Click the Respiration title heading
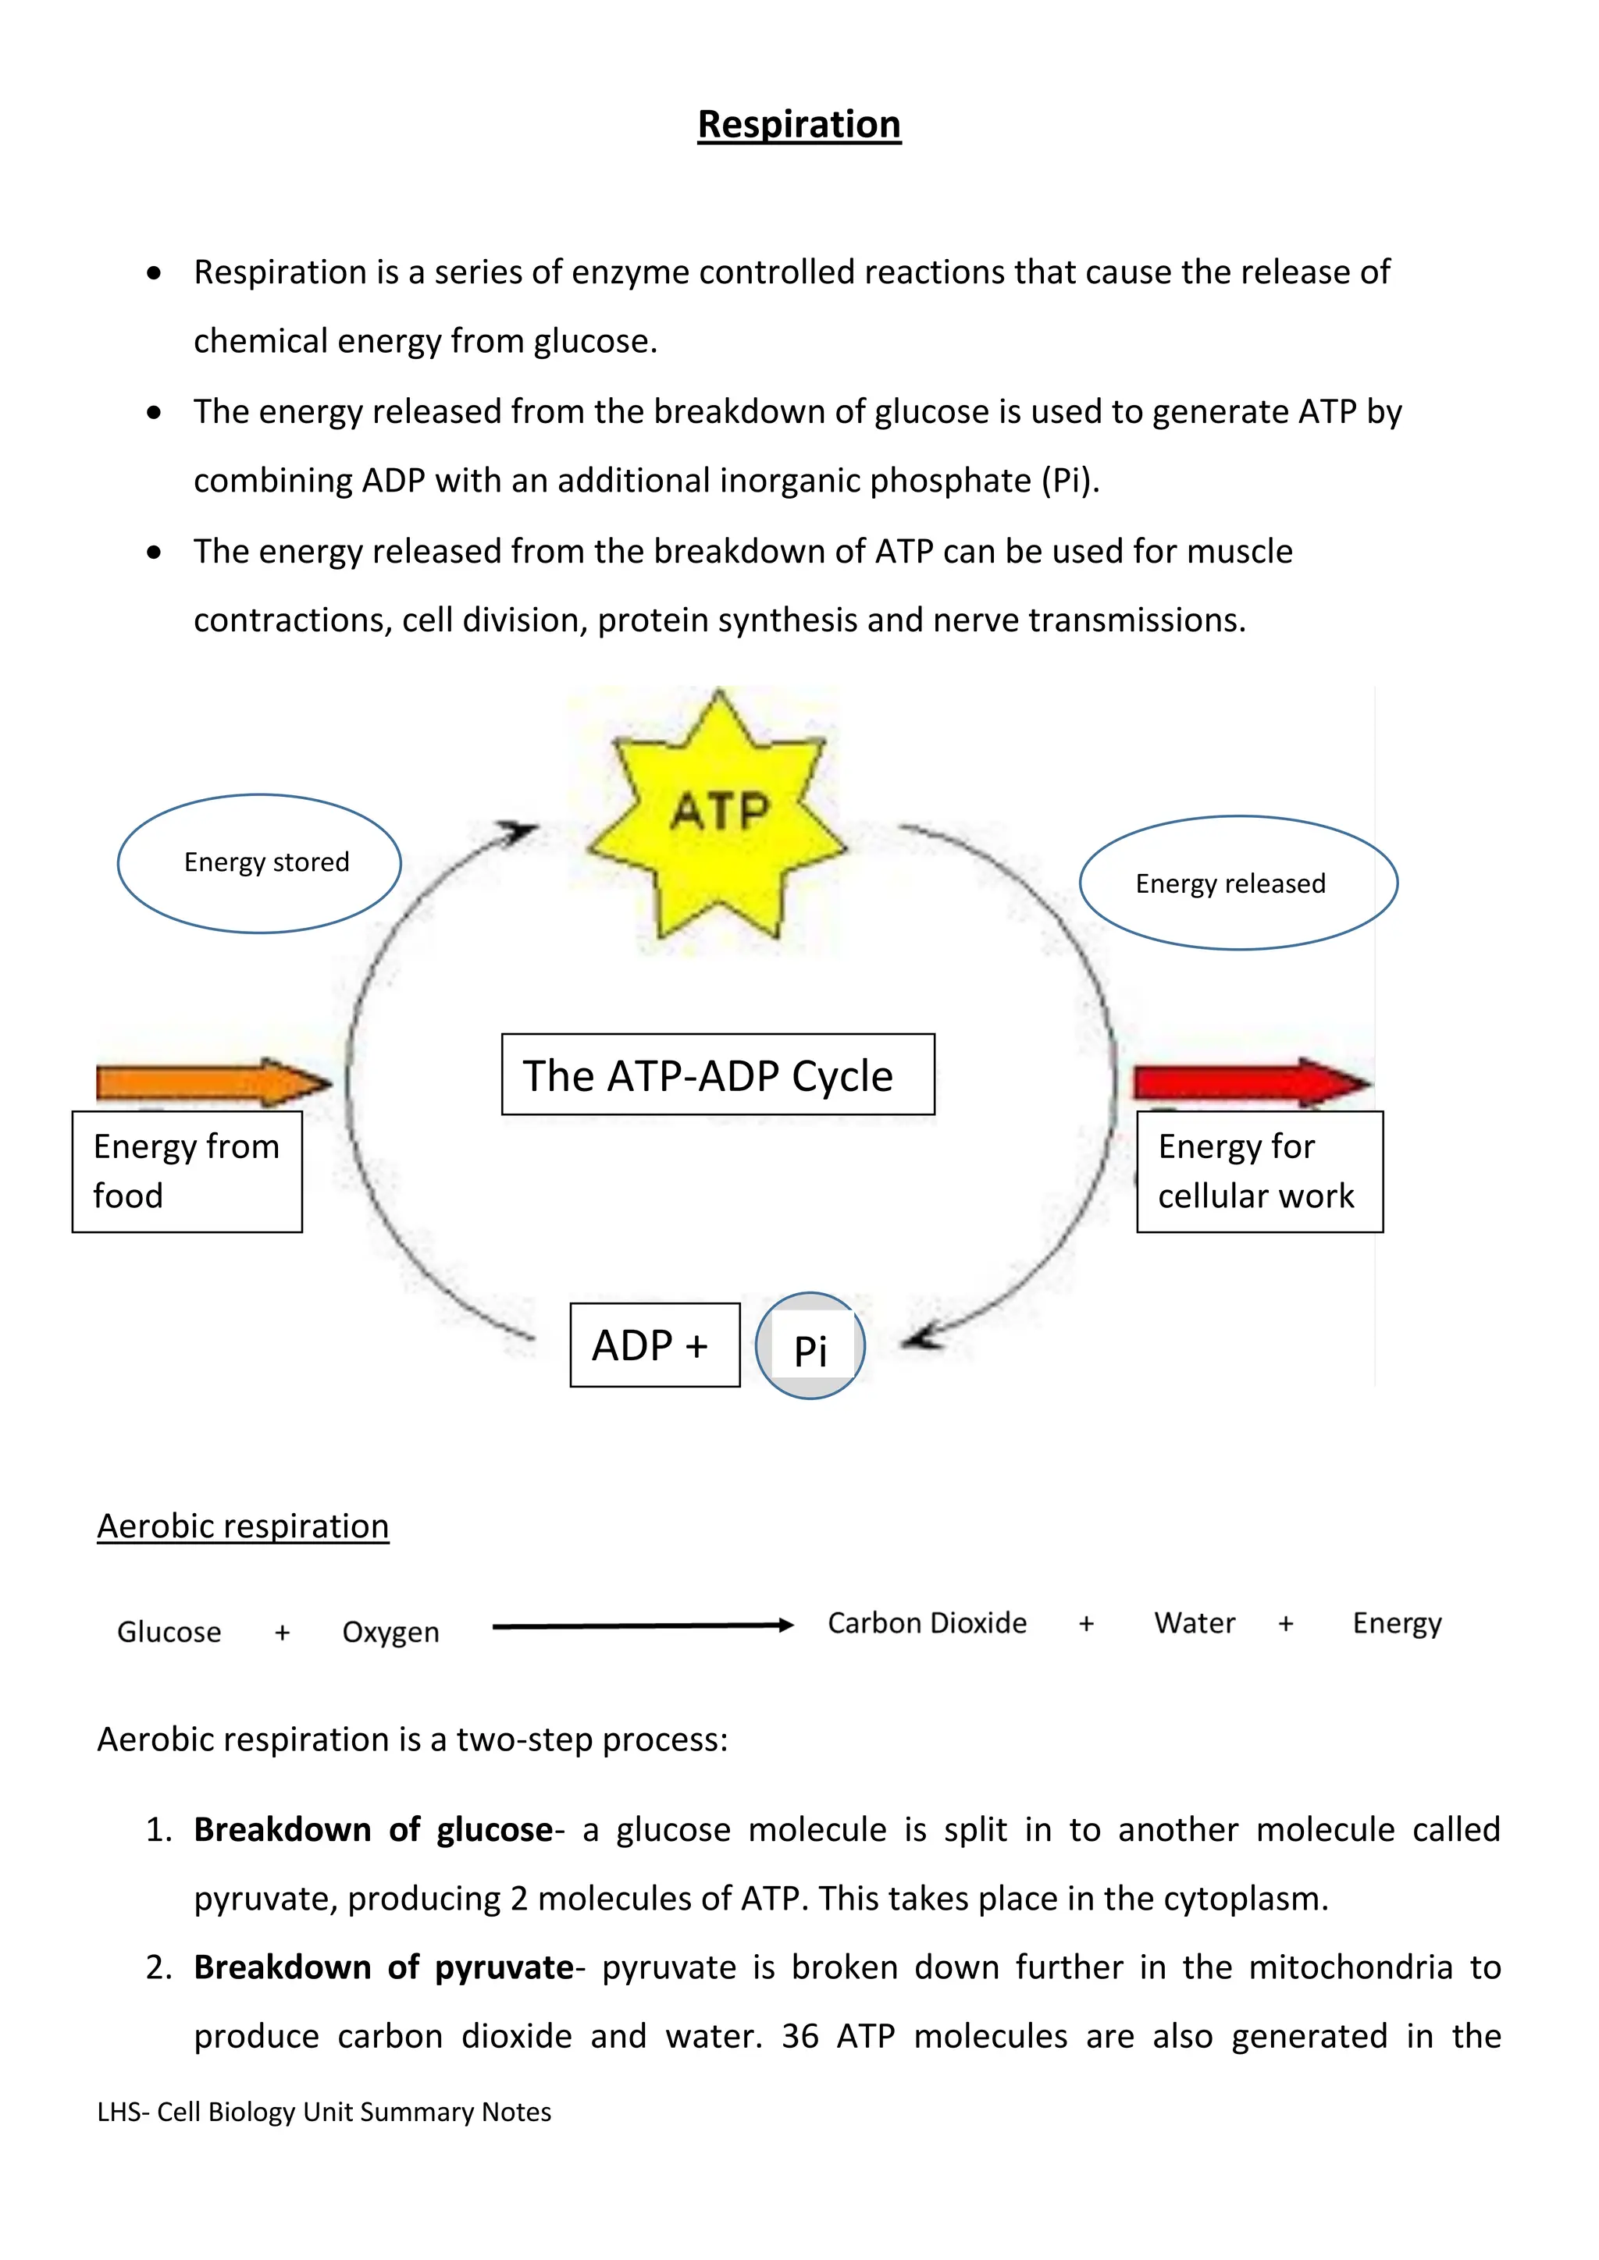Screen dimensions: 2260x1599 [x=799, y=125]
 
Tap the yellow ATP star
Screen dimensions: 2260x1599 [x=719, y=817]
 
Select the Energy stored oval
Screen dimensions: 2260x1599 [x=260, y=863]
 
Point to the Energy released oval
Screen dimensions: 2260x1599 [x=1238, y=883]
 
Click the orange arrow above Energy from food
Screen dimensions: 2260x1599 [x=212, y=1082]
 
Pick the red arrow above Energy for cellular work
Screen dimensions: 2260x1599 [x=1251, y=1082]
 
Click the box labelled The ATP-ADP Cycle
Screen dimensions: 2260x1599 [x=718, y=1075]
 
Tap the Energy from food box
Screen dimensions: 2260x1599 [x=187, y=1171]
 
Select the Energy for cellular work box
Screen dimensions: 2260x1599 [x=1259, y=1171]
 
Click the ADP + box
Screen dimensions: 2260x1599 [x=655, y=1345]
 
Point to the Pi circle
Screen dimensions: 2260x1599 [x=810, y=1346]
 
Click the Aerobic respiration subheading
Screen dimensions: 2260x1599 [x=243, y=1526]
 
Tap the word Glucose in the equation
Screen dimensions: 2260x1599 [x=169, y=1632]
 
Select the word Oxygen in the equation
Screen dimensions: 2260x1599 [x=391, y=1632]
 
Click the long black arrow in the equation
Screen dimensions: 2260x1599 [x=642, y=1626]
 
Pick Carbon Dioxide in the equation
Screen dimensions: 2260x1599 [x=927, y=1623]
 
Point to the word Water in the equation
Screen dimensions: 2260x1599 [x=1195, y=1623]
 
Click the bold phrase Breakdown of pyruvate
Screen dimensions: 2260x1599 [x=384, y=1967]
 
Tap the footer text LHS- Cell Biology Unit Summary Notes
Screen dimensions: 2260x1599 [x=324, y=2113]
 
